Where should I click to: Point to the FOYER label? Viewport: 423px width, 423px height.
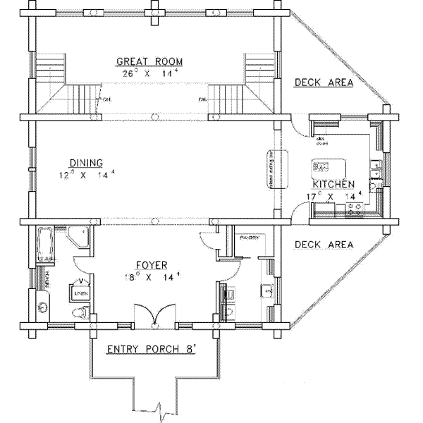coord(152,265)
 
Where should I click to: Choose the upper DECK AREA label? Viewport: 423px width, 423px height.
coord(323,82)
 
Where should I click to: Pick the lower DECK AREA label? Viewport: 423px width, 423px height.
coord(323,245)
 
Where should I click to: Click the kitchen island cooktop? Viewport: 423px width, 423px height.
coord(323,168)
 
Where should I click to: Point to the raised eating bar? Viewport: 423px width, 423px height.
coord(270,169)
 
